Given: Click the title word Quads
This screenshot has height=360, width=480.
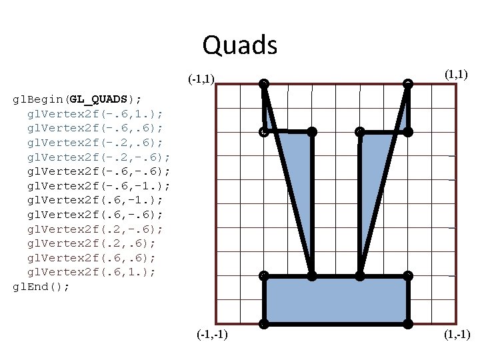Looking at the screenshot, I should click(x=239, y=45).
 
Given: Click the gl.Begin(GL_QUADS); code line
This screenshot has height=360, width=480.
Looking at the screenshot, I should click(x=77, y=99).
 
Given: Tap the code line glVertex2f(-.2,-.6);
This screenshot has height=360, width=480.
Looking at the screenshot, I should click(x=99, y=157).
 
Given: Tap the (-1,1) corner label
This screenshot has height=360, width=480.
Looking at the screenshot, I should click(x=201, y=79).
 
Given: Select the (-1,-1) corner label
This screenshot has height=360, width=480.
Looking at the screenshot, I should click(x=212, y=334).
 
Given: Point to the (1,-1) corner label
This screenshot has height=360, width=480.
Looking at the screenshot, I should click(x=457, y=334).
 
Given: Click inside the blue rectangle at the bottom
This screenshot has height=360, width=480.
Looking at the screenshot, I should click(x=336, y=300).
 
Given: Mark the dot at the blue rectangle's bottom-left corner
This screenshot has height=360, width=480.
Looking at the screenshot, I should click(x=264, y=324).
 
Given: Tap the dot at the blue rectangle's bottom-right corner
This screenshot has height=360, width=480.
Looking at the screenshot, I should click(x=408, y=324).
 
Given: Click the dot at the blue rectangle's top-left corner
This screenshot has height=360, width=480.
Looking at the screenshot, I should click(x=264, y=275).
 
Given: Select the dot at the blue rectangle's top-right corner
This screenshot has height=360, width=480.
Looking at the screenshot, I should click(x=408, y=275).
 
